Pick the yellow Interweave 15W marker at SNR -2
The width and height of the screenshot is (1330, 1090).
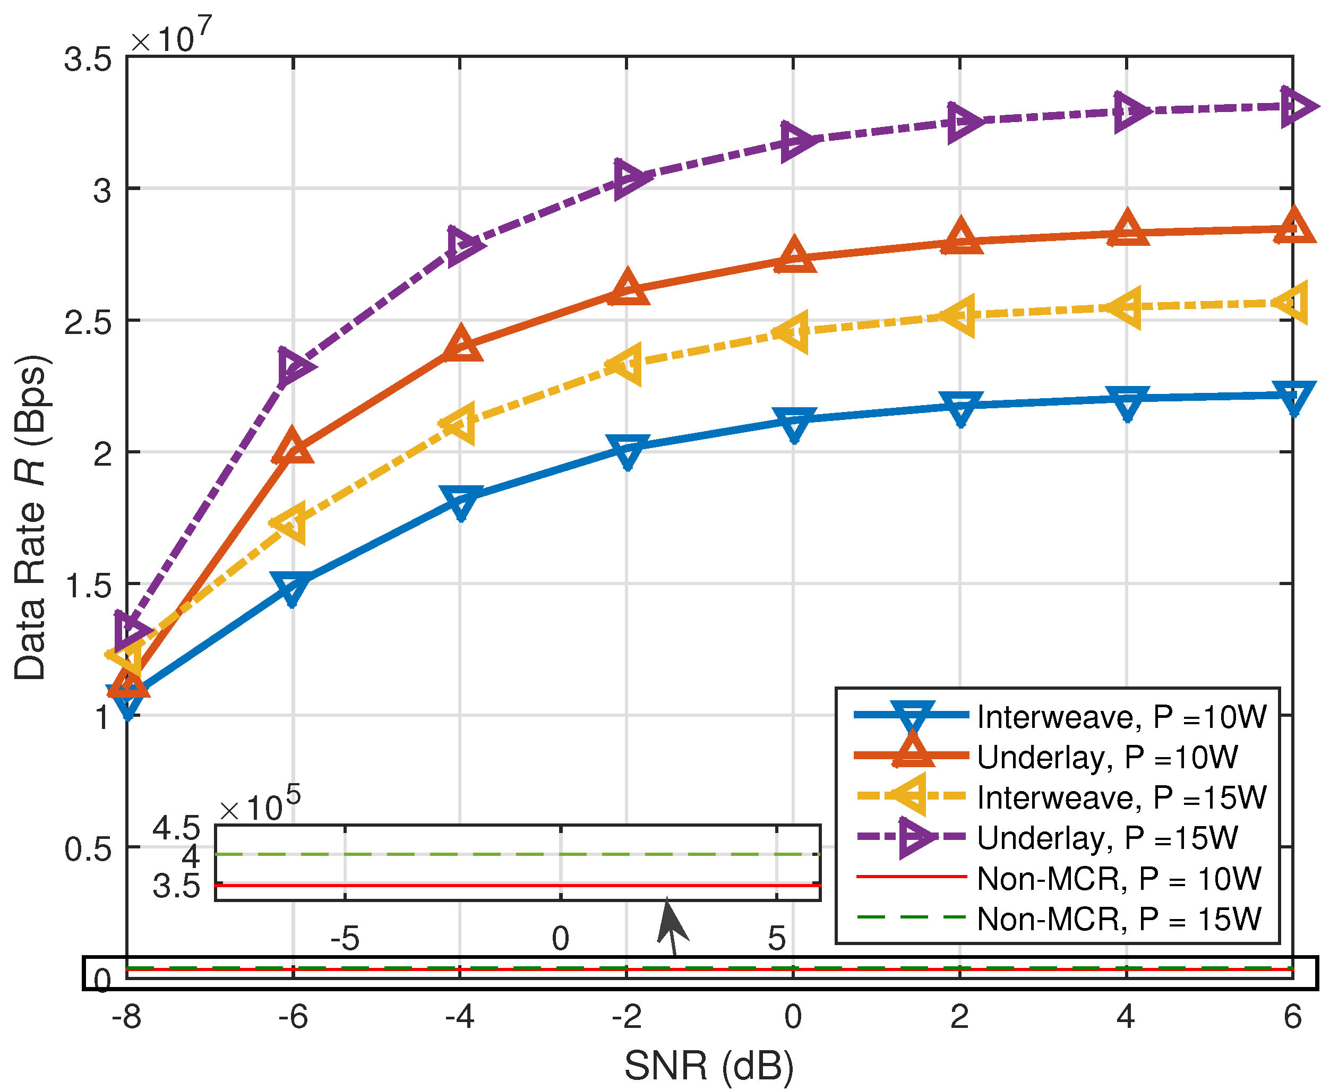[x=626, y=364]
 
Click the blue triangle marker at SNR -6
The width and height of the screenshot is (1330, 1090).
[x=292, y=587]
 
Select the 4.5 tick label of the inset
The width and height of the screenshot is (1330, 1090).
[x=176, y=829]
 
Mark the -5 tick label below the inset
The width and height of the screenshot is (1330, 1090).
[x=345, y=939]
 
